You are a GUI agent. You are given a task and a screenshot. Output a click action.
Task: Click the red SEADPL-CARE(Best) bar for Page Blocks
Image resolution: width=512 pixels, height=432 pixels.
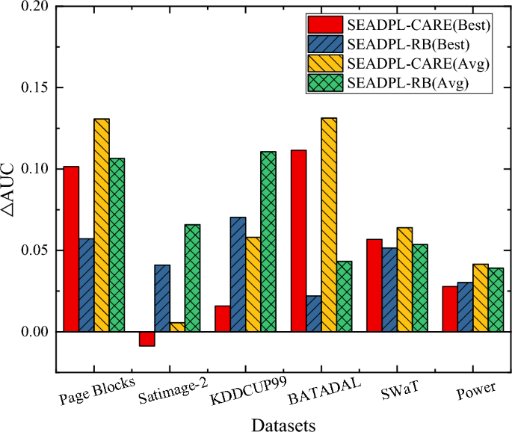[71, 249]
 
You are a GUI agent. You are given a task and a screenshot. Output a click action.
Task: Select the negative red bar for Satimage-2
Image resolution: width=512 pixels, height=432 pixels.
[147, 339]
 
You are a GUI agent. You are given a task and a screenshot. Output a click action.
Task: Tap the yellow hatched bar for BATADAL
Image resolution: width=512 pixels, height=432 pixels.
[329, 224]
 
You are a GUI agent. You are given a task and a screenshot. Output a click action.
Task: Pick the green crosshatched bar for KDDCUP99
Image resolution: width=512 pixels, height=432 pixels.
[268, 241]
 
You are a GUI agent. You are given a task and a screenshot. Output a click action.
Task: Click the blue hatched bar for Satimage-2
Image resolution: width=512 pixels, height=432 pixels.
[162, 298]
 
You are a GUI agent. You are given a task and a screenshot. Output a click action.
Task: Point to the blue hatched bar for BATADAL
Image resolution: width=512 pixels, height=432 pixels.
[314, 313]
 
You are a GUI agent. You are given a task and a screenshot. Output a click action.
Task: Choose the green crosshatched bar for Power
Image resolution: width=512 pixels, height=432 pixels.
[496, 300]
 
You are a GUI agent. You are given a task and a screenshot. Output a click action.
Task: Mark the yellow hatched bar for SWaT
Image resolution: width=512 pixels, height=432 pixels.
[404, 280]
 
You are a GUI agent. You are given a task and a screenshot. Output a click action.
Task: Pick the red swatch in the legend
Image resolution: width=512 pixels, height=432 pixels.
[327, 26]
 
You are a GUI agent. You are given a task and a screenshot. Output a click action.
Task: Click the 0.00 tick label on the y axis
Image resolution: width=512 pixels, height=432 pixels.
[31, 331]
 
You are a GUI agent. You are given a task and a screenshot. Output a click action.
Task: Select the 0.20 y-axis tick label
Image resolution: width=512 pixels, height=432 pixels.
[31, 7]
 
